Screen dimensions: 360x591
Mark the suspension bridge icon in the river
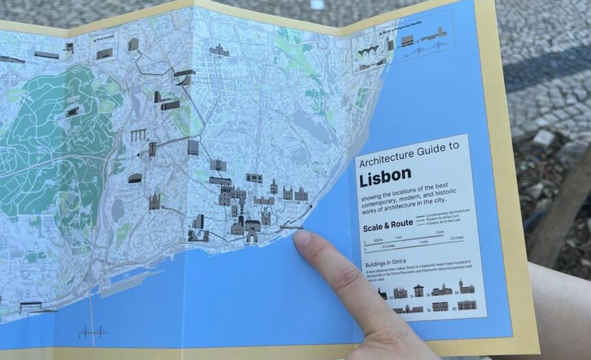point(92,333)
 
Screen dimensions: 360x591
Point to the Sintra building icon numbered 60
point(467,305)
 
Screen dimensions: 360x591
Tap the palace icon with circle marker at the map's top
point(219,51)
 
